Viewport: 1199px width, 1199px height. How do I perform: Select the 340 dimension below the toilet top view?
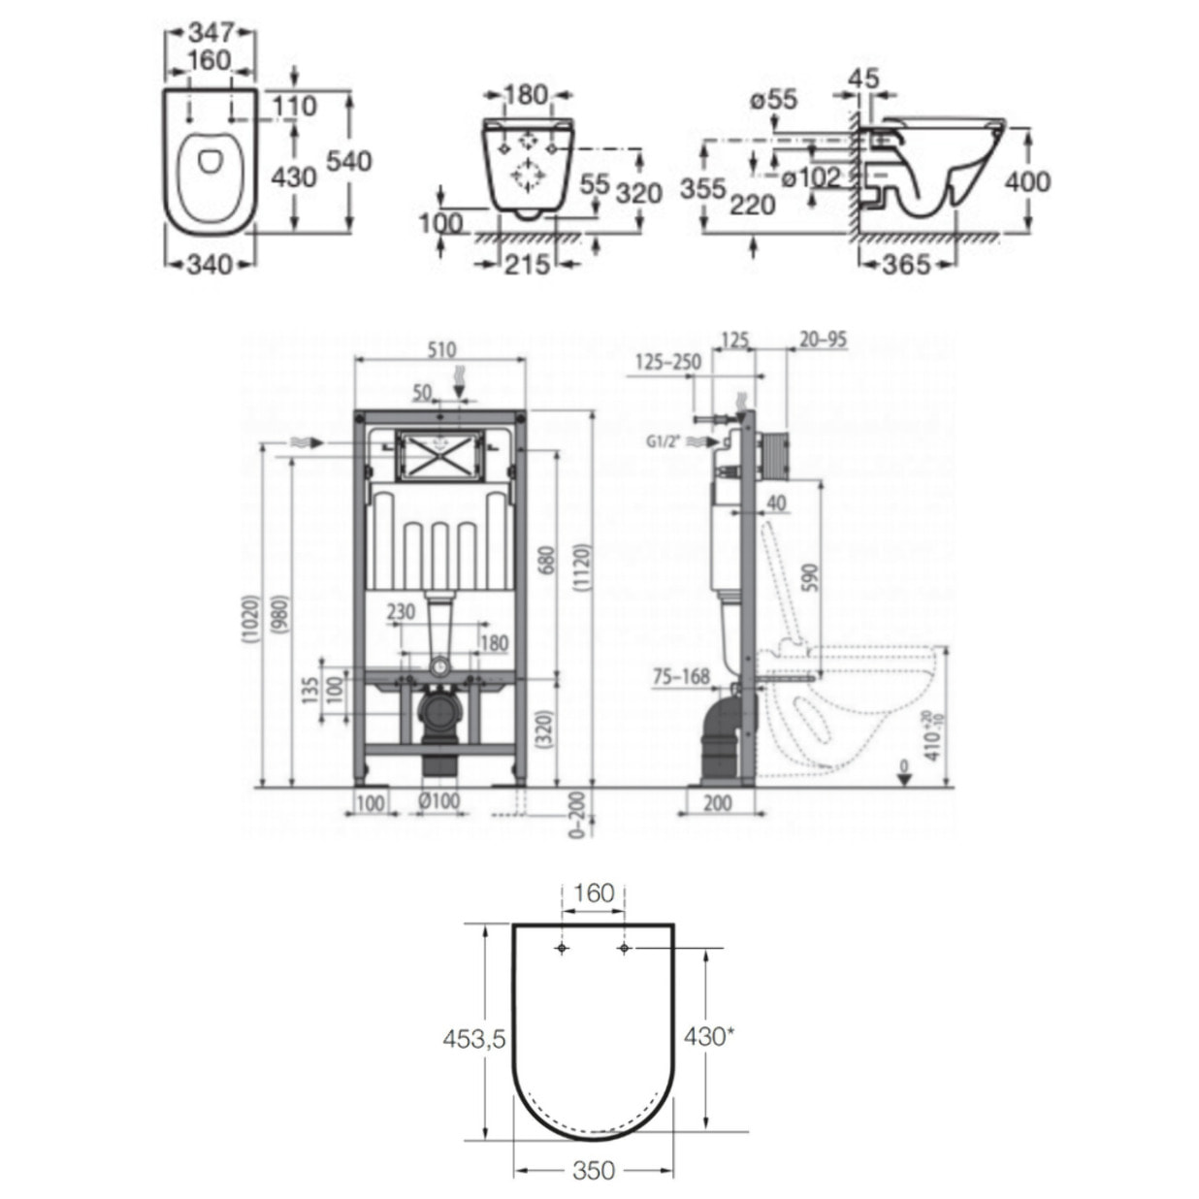coord(208,263)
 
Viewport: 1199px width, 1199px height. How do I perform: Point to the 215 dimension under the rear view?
coord(527,263)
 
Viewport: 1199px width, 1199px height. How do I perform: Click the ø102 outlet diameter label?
coord(810,178)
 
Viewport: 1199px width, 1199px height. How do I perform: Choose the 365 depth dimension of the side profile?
coord(905,263)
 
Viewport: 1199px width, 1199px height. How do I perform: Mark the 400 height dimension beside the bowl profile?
coord(1027,180)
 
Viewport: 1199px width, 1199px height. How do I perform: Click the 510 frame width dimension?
coord(441,350)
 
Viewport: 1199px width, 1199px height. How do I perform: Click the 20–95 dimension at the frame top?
coord(823,340)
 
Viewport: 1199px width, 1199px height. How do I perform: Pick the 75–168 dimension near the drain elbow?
coord(680,677)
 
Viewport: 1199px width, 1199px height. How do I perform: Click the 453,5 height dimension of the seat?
coord(474,1039)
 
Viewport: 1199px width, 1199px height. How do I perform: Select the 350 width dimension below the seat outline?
coord(593,1171)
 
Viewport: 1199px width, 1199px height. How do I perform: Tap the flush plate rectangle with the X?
coord(438,454)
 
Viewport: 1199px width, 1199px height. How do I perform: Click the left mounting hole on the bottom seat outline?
coord(562,948)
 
